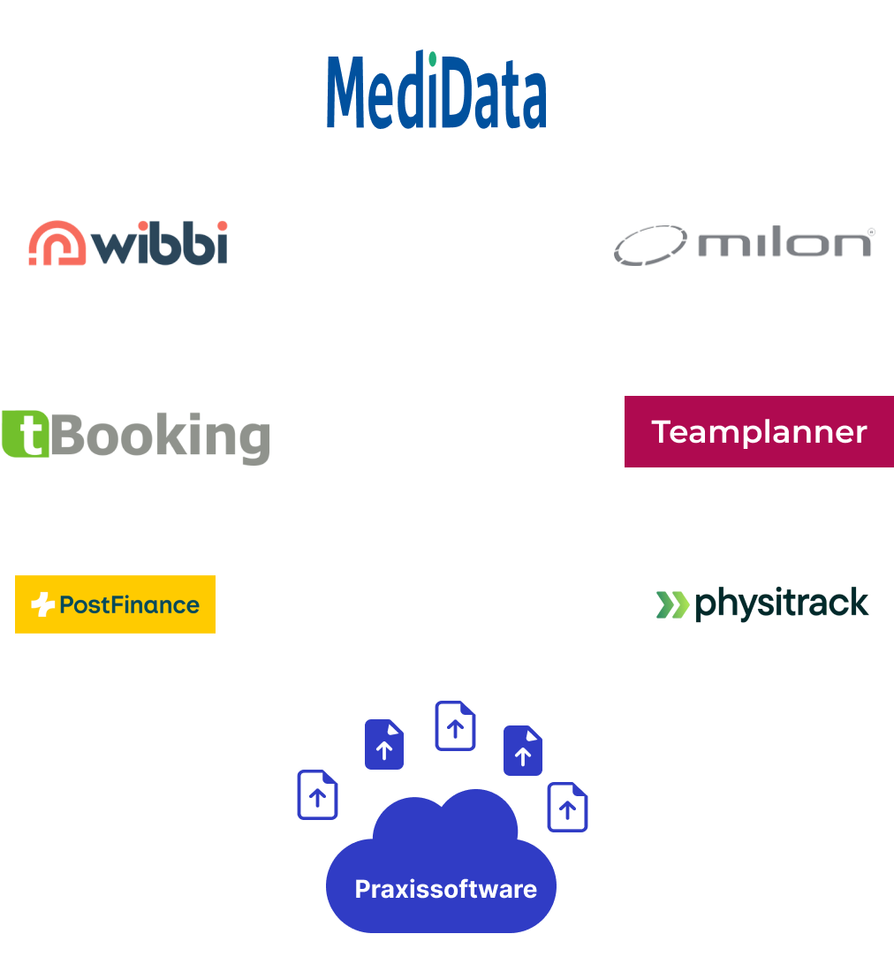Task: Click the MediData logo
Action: [436, 92]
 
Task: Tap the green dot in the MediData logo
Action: [432, 59]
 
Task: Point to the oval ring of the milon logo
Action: [651, 245]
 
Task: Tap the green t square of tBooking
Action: [24, 434]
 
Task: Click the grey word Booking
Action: [159, 436]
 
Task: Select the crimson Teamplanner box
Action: [759, 431]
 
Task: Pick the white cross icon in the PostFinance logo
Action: [42, 605]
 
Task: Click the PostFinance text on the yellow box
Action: [129, 605]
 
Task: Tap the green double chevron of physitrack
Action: [673, 604]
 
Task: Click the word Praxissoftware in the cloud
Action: [445, 889]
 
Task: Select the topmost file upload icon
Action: [455, 726]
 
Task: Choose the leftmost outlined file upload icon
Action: [317, 794]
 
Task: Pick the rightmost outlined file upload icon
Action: [567, 807]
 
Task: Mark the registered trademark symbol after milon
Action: [871, 232]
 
